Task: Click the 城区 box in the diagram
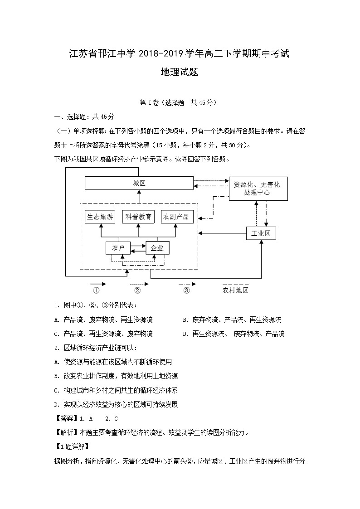(139, 183)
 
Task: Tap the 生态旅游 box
(100, 217)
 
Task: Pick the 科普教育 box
(138, 217)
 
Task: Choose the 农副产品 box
(176, 217)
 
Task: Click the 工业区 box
(261, 233)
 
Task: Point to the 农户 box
(118, 248)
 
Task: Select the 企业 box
(157, 248)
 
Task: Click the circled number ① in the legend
(96, 291)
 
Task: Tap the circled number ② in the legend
(137, 291)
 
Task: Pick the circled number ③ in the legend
(186, 291)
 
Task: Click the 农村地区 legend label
(235, 291)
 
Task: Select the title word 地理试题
(180, 72)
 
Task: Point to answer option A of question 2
(113, 362)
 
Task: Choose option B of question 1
(232, 320)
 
